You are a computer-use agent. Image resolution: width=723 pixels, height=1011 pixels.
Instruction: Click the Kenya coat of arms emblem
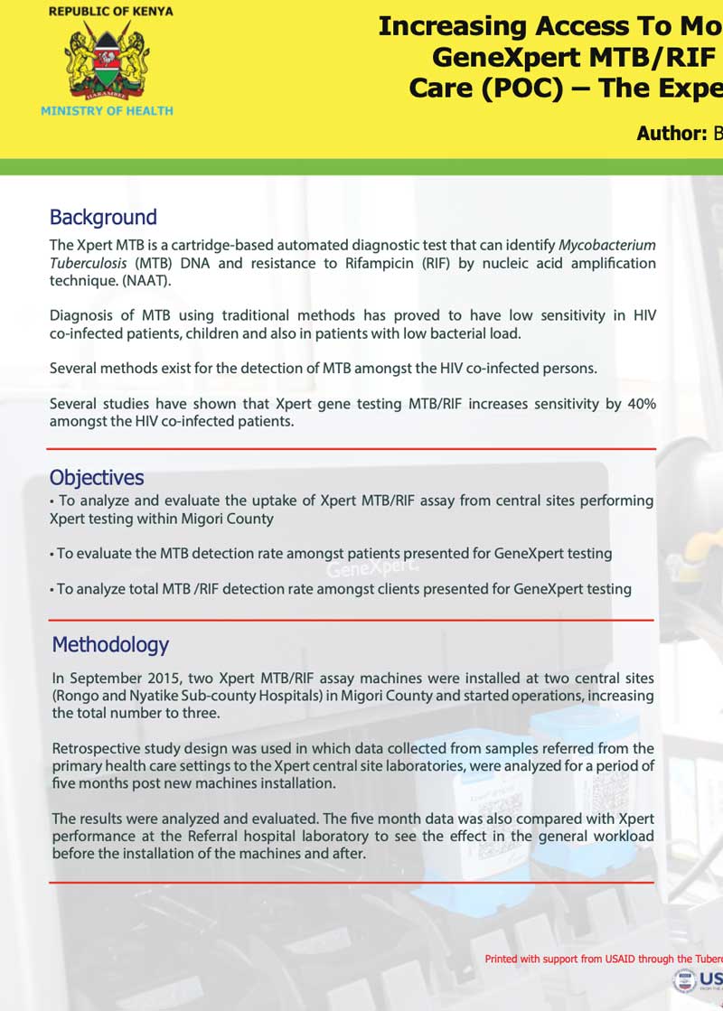[x=107, y=61]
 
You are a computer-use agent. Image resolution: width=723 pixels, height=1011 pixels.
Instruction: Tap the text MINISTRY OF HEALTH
[x=107, y=110]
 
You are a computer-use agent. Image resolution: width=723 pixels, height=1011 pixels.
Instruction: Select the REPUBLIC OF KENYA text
[x=110, y=12]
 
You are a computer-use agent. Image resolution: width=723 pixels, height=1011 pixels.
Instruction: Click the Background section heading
[x=103, y=217]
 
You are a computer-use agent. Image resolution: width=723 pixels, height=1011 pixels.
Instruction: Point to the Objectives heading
[x=97, y=478]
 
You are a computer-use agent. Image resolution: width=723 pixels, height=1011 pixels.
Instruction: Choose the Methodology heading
[x=110, y=644]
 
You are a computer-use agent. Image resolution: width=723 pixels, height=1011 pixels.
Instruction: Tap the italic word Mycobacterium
[x=607, y=246]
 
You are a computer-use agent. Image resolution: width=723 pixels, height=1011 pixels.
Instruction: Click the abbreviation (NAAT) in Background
[x=145, y=281]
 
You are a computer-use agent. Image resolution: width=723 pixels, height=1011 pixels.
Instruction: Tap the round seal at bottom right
[x=684, y=982]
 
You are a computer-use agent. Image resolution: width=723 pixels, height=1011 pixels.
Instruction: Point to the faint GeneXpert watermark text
[x=371, y=570]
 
